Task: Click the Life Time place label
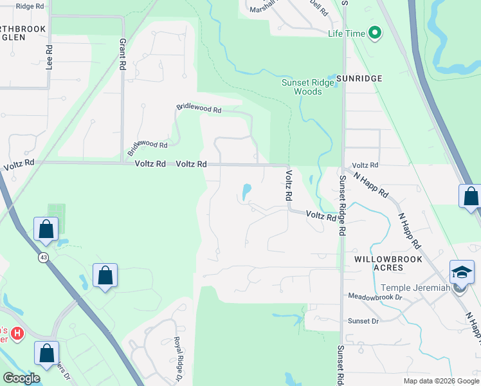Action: point(346,33)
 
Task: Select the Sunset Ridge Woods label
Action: point(302,87)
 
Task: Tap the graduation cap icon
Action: point(462,273)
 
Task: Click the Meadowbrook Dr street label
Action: point(375,297)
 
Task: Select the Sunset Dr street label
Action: point(363,320)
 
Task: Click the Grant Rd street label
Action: point(122,54)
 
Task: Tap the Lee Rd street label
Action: point(49,57)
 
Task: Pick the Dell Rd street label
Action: point(318,8)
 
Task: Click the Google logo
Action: point(21,378)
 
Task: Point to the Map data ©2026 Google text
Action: point(440,381)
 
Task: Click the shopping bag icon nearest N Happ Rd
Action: point(470,197)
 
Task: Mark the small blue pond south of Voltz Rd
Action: point(246,191)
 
